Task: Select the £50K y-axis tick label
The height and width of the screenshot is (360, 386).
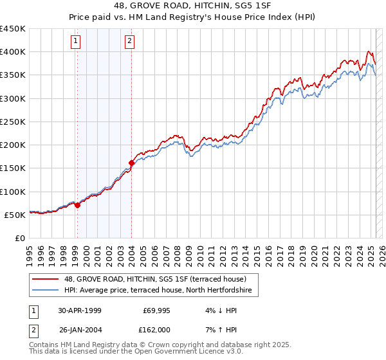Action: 15,215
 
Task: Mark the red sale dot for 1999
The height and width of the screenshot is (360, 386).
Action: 78,205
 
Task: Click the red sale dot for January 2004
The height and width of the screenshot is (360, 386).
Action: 131,163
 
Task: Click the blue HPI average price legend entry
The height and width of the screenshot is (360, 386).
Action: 161,291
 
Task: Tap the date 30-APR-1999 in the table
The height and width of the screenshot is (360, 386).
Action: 79,310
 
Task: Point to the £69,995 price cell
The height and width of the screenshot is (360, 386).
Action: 156,310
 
